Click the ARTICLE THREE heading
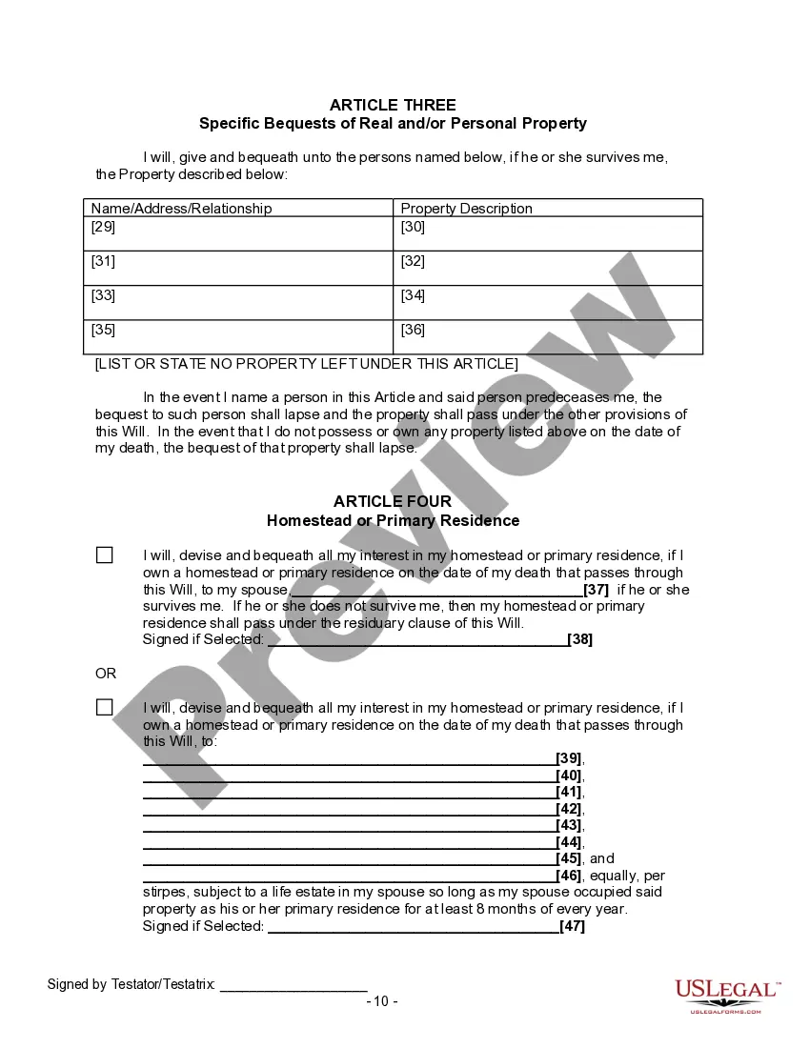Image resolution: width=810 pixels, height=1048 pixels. [393, 105]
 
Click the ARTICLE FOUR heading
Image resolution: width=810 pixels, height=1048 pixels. [393, 501]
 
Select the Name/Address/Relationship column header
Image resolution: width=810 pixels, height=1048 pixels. [181, 208]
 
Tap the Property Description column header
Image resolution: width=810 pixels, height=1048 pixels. [466, 208]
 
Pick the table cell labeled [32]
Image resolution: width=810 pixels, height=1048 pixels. [547, 268]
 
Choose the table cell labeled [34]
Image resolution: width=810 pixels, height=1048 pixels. [547, 302]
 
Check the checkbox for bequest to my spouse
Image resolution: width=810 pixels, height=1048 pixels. [105, 555]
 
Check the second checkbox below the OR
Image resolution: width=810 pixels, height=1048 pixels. [105, 708]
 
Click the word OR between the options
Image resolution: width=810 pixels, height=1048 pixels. [106, 674]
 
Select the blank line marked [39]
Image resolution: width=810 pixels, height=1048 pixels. [349, 758]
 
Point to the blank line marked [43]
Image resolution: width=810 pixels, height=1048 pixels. [349, 825]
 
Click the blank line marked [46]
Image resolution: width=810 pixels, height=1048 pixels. [349, 876]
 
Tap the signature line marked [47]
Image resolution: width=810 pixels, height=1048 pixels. [413, 926]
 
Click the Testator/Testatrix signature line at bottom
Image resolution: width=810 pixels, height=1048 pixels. [294, 985]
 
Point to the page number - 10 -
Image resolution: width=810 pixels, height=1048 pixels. [382, 1001]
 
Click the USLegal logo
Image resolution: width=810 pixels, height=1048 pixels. [727, 995]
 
